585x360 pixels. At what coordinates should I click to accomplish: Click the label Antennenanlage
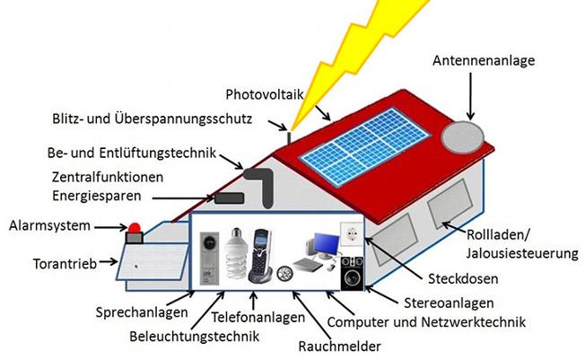click(x=485, y=61)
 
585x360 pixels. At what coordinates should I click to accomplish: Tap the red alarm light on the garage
click(x=136, y=230)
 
